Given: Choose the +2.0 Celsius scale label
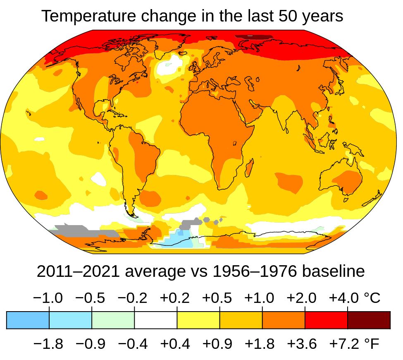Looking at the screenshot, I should tap(302, 298).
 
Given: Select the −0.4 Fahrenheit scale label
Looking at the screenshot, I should tap(133, 343).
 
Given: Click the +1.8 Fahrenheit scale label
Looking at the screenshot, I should tap(260, 343).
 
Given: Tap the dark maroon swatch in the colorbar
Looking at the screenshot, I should tap(369, 320).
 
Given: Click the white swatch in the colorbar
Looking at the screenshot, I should tap(156, 320).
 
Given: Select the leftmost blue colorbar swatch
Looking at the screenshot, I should tap(28, 320).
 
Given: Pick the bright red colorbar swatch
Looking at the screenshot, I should tap(326, 320).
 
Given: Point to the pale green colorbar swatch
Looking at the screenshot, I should tap(113, 320).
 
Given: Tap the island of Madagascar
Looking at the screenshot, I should tap(250, 168).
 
